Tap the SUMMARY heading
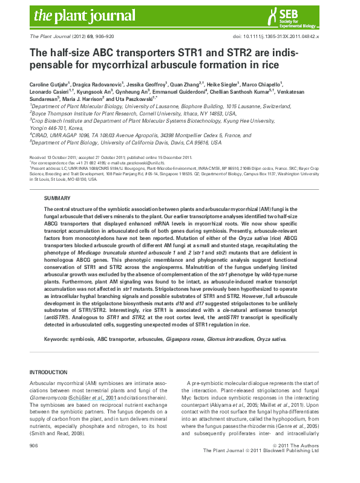(x=57, y=198)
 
